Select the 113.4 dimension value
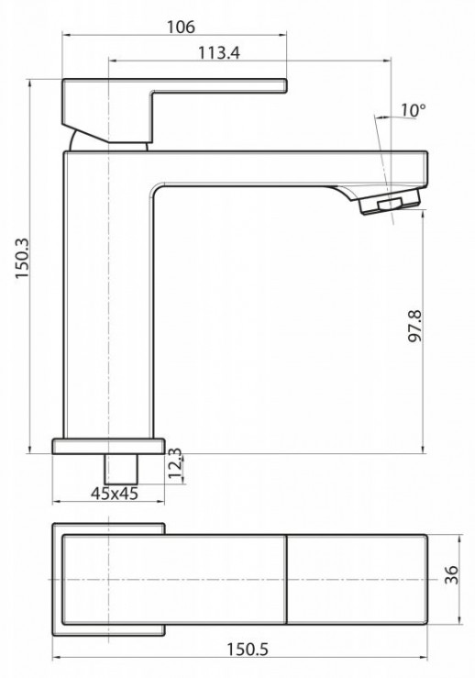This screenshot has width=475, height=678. click(x=218, y=53)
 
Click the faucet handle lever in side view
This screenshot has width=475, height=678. click(x=220, y=89)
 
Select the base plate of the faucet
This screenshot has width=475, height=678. click(x=108, y=446)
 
